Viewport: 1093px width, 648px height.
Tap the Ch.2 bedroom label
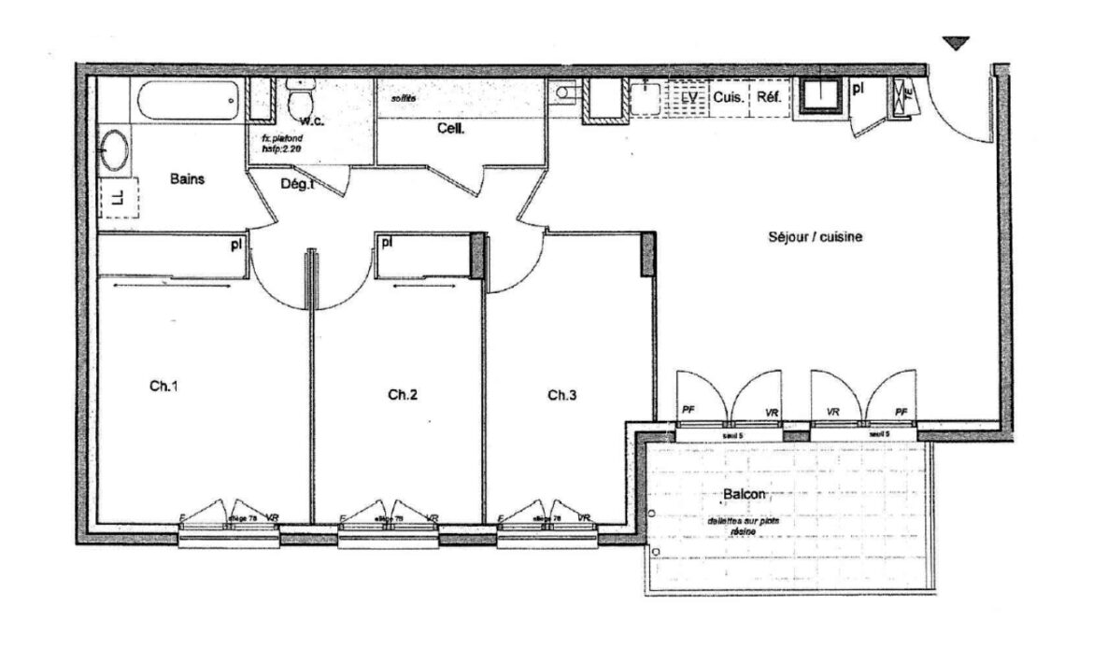click(x=402, y=395)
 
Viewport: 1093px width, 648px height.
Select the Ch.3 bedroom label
click(x=561, y=395)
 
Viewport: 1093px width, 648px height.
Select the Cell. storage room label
click(x=451, y=130)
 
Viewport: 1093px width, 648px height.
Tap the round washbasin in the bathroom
click(x=115, y=150)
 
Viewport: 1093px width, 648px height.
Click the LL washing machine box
click(x=118, y=197)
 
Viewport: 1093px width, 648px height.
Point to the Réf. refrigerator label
click(x=768, y=97)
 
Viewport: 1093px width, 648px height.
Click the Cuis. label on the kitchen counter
click(x=729, y=97)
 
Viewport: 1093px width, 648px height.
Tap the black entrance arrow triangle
click(x=956, y=43)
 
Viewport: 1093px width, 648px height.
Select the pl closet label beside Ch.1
click(x=238, y=245)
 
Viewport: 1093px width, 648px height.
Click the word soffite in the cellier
click(x=403, y=97)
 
